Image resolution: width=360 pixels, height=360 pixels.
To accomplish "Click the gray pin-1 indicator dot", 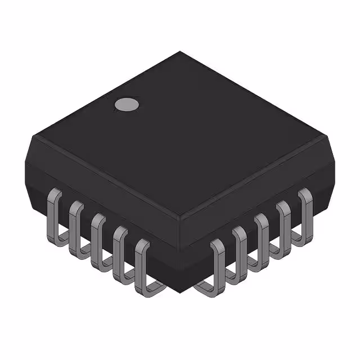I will [x=127, y=104].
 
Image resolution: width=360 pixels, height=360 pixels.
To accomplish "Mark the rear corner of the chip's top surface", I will [x=180, y=52].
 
